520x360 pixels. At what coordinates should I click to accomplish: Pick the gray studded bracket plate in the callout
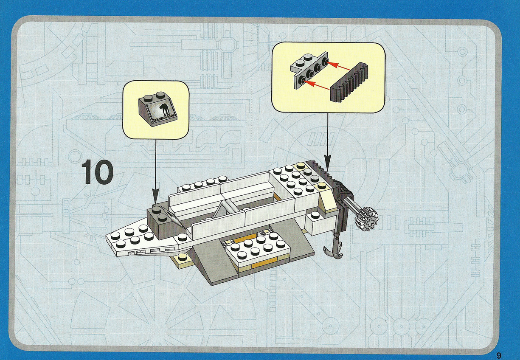310,70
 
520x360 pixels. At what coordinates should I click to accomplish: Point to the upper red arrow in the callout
339,66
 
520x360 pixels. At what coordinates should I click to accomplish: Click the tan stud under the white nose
182,258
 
